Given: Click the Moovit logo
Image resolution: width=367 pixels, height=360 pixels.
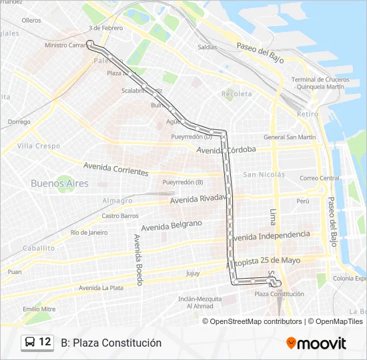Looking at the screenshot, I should click(316, 343).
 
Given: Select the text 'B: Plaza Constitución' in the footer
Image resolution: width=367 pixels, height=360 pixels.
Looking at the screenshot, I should click(111, 343).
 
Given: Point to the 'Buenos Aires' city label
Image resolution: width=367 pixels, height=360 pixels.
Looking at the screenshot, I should click(59, 183).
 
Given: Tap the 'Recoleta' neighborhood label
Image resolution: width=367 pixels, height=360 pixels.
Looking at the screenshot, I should click(237, 94).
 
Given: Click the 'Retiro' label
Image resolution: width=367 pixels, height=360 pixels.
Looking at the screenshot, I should click(308, 114).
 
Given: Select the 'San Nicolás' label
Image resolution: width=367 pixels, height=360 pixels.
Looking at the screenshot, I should click(264, 175).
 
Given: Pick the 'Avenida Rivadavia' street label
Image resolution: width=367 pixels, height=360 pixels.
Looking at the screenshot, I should click(200, 199).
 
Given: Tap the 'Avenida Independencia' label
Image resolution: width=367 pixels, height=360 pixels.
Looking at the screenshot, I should click(270, 235).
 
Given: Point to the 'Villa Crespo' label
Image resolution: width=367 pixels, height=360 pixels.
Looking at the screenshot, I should click(39, 145).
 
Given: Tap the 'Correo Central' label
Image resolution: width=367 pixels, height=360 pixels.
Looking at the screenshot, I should click(320, 178).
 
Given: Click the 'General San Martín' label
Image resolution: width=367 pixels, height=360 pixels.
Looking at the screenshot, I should click(289, 137).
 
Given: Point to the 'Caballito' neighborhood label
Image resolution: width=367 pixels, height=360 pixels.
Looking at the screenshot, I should click(38, 248).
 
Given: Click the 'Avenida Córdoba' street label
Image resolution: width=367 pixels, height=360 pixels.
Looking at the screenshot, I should click(227, 149).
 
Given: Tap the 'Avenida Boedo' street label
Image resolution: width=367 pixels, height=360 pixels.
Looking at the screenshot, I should click(138, 260).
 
